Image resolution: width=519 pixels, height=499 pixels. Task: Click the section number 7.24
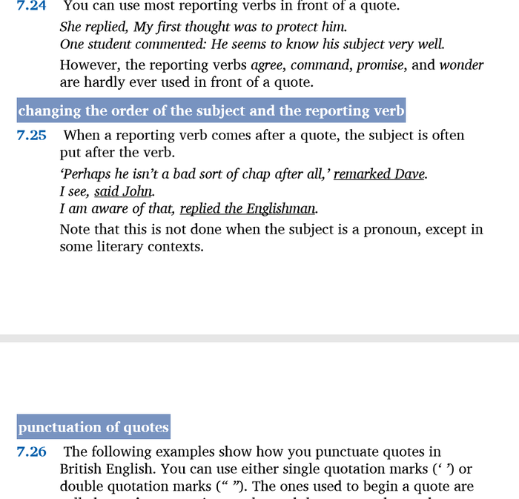(32, 6)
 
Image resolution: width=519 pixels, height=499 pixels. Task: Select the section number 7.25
(32, 136)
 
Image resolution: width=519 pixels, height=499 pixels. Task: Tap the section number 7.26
(32, 452)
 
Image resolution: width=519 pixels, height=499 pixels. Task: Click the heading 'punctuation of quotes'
(93, 427)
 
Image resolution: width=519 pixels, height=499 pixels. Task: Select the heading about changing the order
(211, 111)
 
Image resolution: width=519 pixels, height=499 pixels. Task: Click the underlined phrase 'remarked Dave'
(380, 174)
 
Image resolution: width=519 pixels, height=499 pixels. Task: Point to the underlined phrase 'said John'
(123, 191)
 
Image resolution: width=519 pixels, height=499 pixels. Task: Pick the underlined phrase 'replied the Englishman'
(248, 208)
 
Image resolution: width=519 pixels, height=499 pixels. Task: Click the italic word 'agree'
(268, 65)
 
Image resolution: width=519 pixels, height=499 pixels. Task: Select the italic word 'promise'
(380, 65)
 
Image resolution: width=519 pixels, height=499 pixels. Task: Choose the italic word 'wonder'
(461, 65)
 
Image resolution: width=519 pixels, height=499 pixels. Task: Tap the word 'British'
(82, 469)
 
